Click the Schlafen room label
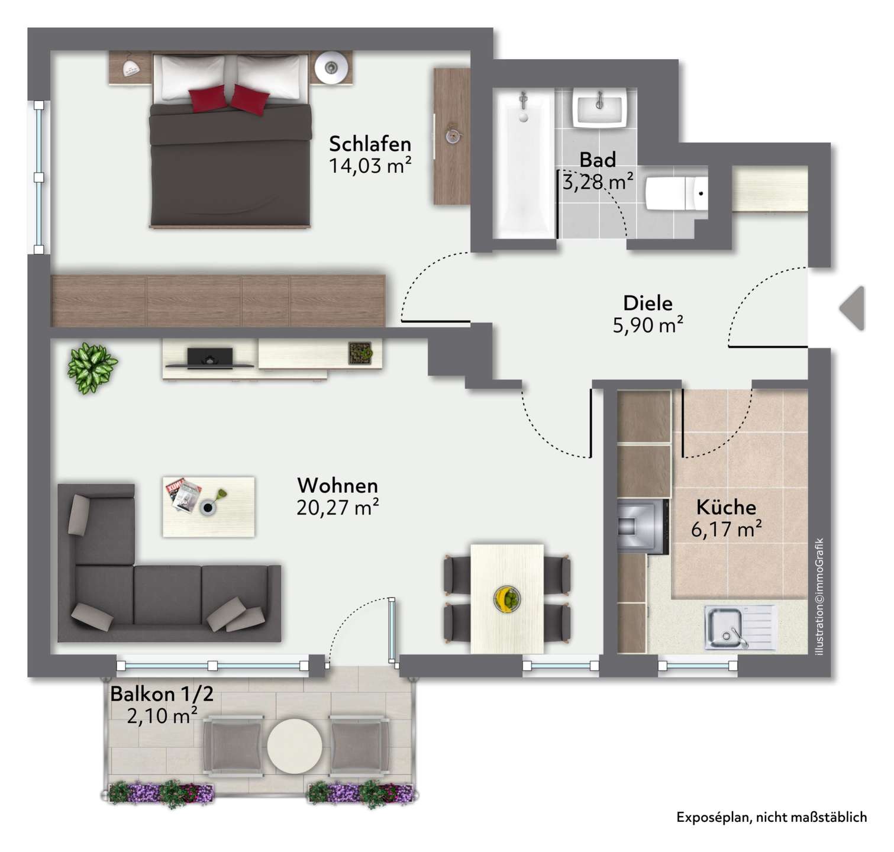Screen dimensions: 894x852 click(x=370, y=144)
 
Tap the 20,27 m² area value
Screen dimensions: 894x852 click(x=338, y=508)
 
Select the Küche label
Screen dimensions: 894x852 click(x=726, y=507)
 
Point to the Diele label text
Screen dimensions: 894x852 click(x=648, y=303)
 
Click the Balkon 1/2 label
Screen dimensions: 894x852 click(x=162, y=693)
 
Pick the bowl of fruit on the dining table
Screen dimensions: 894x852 click(x=507, y=598)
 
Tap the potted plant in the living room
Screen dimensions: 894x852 click(x=92, y=367)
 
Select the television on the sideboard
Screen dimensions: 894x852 click(x=210, y=357)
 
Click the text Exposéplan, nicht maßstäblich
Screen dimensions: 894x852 click(x=772, y=817)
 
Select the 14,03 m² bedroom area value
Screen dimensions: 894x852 click(x=370, y=165)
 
